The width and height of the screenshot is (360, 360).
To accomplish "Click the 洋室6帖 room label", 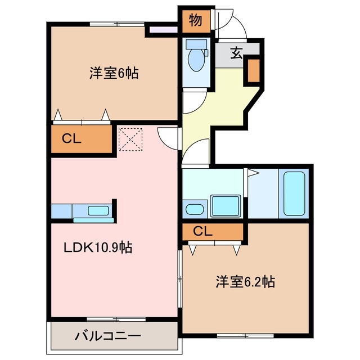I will pyautogui.click(x=114, y=73).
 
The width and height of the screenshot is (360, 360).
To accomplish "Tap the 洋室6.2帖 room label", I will pyautogui.click(x=245, y=282).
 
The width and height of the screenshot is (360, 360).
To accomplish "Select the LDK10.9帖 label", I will pyautogui.click(x=98, y=247).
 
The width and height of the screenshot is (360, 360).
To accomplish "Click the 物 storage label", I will pyautogui.click(x=195, y=21).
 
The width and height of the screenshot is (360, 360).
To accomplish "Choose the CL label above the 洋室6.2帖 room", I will pyautogui.click(x=203, y=231).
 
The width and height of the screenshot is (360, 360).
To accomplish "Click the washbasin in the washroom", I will pyautogui.click(x=195, y=209).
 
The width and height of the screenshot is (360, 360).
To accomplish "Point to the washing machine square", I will pyautogui.click(x=225, y=205).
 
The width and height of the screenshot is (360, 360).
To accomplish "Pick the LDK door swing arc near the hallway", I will pyautogui.click(x=168, y=135).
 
